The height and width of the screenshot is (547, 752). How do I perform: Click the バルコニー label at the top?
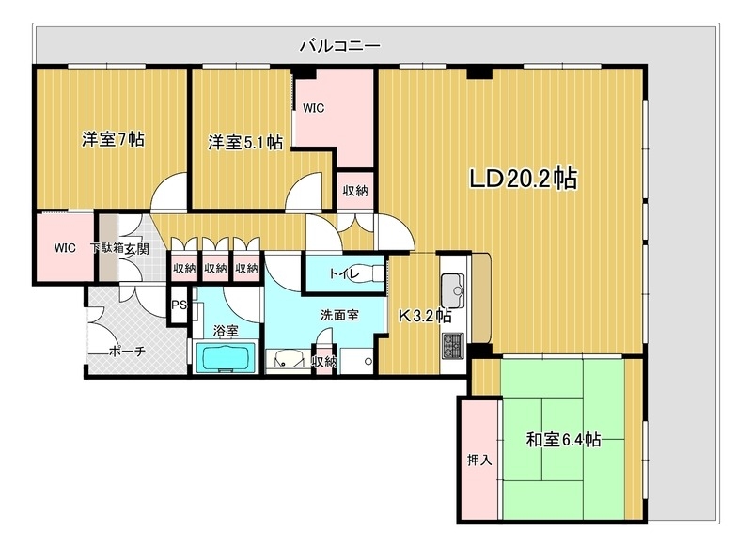[339, 44]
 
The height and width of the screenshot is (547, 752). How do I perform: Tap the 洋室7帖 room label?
[112, 140]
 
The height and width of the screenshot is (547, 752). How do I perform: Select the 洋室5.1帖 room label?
[245, 143]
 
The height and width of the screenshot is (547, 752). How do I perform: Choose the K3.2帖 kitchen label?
[425, 316]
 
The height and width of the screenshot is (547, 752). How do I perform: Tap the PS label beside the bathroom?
[179, 305]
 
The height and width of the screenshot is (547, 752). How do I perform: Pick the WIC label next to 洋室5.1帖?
[313, 108]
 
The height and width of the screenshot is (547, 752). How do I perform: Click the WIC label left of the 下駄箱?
[64, 248]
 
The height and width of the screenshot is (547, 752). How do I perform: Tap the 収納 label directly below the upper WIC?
[354, 191]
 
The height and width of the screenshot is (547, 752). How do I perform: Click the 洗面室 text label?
[338, 315]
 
